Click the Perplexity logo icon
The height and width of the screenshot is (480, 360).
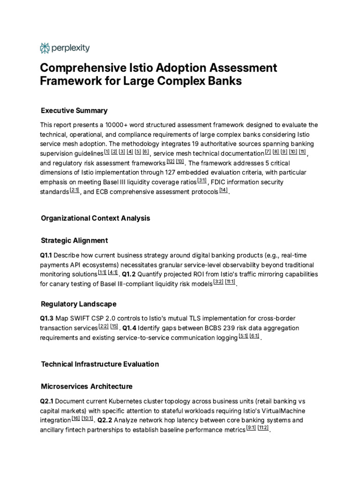tap(45, 48)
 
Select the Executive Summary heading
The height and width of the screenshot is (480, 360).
tap(74, 111)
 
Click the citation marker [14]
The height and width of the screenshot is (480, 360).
tap(223, 190)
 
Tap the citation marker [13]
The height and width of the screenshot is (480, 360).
tap(180, 162)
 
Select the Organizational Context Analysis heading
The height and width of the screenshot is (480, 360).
tap(95, 218)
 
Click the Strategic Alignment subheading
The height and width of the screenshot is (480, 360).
tap(74, 240)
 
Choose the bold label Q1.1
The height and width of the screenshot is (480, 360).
tap(47, 255)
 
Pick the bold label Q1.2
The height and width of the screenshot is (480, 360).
tap(129, 274)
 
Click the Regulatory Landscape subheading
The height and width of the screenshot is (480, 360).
tap(78, 304)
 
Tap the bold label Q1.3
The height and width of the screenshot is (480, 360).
tap(47, 318)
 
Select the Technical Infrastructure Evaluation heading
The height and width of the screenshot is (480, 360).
tap(100, 364)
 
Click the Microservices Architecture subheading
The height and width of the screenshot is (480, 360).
tap(86, 386)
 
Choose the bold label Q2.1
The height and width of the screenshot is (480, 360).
tap(47, 401)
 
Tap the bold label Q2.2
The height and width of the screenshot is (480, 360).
tap(105, 420)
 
